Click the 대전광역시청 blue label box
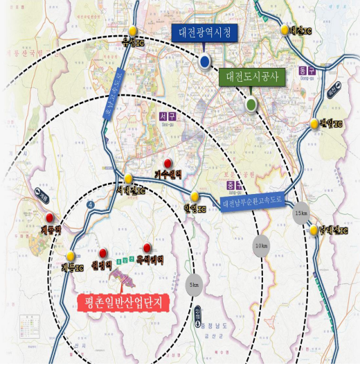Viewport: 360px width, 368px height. (205, 33)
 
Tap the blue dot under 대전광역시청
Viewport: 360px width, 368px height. (204, 62)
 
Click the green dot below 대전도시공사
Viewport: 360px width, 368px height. (251, 105)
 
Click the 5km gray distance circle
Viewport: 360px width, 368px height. (195, 285)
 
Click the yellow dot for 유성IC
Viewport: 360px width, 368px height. (132, 30)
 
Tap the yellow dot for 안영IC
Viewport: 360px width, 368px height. (196, 197)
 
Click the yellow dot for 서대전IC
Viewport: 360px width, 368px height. (128, 179)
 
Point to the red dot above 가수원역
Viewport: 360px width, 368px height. (167, 163)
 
